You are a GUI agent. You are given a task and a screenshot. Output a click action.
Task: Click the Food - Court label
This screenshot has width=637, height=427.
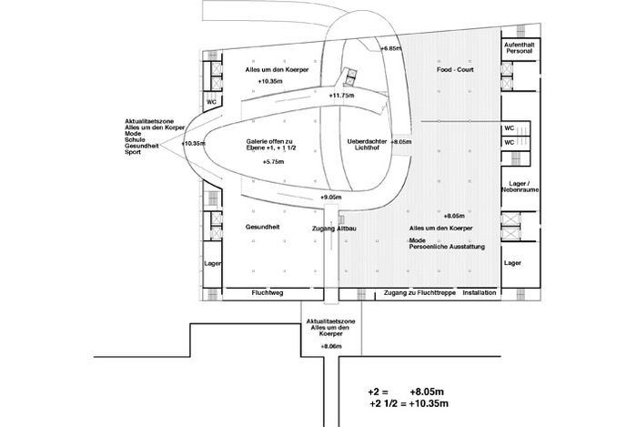pos(455,69)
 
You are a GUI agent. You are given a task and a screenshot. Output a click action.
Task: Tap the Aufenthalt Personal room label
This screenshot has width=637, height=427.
pos(520,48)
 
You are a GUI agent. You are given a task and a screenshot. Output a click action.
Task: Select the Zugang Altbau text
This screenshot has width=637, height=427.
pos(334,229)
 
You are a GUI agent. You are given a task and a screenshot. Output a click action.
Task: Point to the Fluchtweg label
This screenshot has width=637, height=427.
pos(268,292)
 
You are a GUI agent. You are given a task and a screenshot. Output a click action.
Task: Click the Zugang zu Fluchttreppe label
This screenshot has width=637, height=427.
pos(420,292)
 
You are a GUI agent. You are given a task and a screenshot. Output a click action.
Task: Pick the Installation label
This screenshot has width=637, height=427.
pos(480,292)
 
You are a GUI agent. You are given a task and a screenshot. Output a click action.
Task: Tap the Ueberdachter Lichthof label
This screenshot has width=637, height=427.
pos(367,145)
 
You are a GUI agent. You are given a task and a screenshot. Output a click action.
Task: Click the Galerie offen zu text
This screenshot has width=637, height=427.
pos(269,141)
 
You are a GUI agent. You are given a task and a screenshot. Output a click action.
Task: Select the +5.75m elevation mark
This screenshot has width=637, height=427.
pos(273,162)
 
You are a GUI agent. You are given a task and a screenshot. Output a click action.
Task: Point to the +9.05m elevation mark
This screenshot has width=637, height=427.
pos(331,197)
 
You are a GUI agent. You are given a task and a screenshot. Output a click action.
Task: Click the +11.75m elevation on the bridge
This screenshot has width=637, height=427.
pos(341,96)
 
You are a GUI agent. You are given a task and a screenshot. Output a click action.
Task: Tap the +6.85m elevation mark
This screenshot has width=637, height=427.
pos(390,48)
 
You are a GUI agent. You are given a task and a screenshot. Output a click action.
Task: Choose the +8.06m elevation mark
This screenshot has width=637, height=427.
pos(331,347)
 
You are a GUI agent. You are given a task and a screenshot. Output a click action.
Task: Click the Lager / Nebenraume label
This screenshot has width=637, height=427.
pos(520,187)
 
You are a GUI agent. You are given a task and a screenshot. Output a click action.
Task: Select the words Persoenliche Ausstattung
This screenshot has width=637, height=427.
pos(447,247)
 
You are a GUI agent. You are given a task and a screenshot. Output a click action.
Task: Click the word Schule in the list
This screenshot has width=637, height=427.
pos(135,140)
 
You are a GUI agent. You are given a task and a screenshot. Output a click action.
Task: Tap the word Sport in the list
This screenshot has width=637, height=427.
pos(133,152)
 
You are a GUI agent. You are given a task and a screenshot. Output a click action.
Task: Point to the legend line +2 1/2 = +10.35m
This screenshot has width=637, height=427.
pos(409,403)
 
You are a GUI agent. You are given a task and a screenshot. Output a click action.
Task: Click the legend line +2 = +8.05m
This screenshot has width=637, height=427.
pos(406,392)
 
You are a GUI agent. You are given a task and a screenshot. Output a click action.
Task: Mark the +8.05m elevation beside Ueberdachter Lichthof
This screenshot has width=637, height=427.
pos(401,142)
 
